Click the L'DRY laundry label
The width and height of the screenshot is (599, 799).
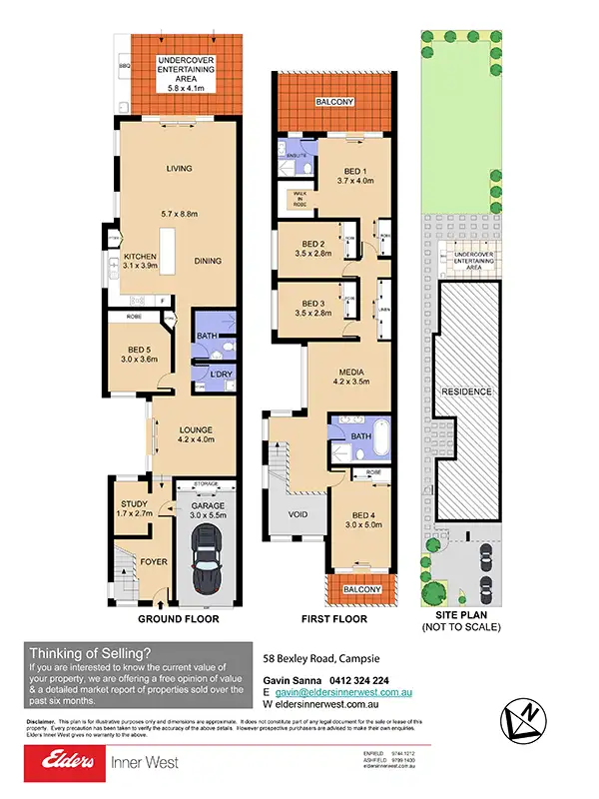pyautogui.click(x=208, y=374)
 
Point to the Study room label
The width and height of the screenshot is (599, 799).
pyautogui.click(x=134, y=504)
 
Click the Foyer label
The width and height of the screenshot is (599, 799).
pyautogui.click(x=154, y=561)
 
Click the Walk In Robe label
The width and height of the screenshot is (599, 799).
pyautogui.click(x=298, y=198)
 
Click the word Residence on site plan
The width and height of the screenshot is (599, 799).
pyautogui.click(x=467, y=392)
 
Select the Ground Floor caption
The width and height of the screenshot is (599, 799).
pyautogui.click(x=178, y=619)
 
